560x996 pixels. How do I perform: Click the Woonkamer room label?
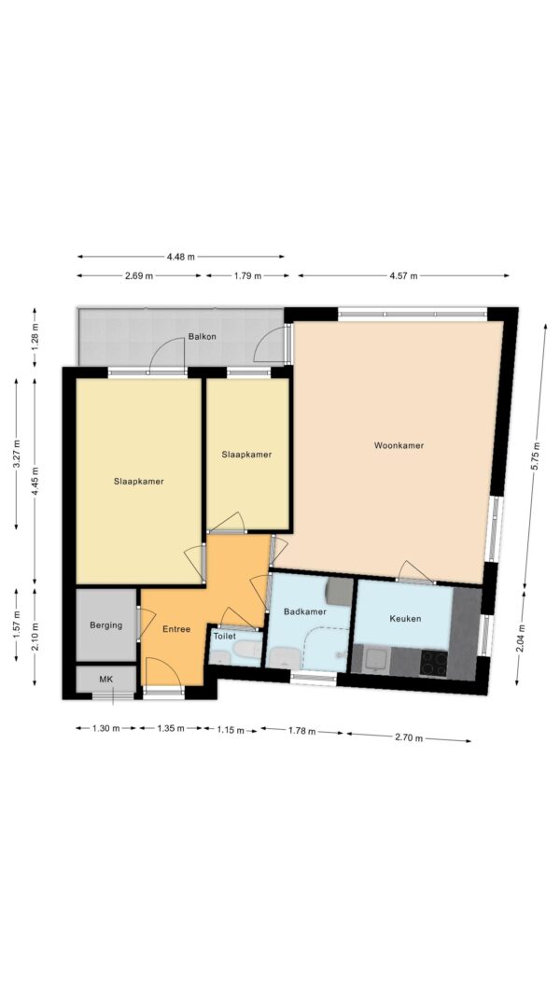coord(399,445)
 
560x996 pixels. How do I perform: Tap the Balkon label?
coord(202,337)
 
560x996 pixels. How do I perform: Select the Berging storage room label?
coord(106,625)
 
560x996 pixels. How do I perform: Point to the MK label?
coord(106,680)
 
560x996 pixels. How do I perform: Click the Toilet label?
coord(225,636)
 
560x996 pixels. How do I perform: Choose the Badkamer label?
coord(305,611)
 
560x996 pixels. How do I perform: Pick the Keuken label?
coord(405,618)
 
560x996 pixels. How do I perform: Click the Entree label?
coord(176,629)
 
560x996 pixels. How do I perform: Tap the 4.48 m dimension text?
coord(181,257)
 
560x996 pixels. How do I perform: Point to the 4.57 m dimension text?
coord(403,275)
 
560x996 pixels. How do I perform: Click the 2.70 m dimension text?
coord(408,738)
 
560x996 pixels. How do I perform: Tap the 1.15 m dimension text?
coord(231,731)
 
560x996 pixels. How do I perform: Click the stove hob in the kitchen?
coord(433,663)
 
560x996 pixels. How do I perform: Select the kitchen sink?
coord(378,661)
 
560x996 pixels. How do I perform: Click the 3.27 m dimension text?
coord(17,454)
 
